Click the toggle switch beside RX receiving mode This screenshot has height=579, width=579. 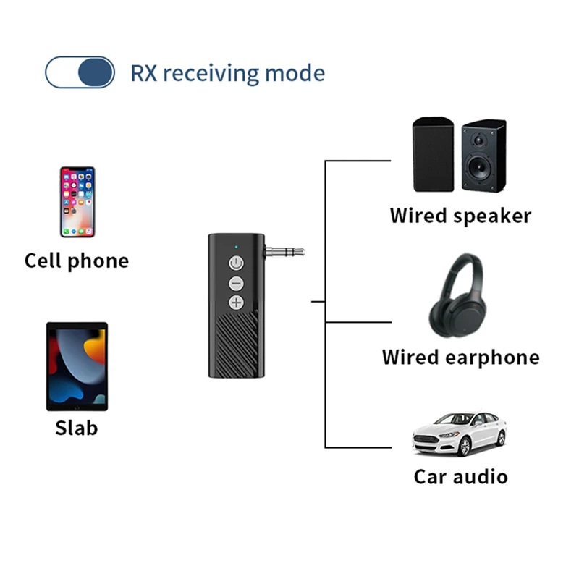click(x=80, y=72)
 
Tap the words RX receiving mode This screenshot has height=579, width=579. click(x=227, y=73)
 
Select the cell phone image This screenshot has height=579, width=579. click(x=77, y=202)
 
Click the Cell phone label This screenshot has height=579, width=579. click(x=77, y=261)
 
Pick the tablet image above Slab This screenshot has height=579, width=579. click(x=77, y=366)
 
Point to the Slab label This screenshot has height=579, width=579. click(x=77, y=428)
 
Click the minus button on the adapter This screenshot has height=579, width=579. click(x=237, y=283)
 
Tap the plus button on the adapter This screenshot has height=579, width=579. click(x=237, y=303)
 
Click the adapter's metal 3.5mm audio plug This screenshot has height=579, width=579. click(x=284, y=253)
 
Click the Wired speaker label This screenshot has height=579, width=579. click(x=460, y=216)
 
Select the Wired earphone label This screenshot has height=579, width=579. click(x=460, y=358)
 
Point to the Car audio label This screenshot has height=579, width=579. click(x=460, y=476)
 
